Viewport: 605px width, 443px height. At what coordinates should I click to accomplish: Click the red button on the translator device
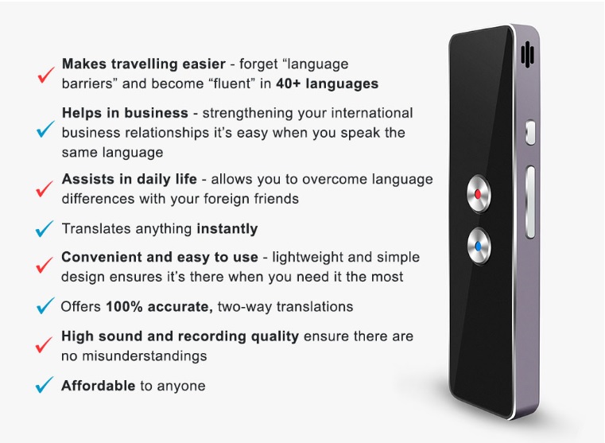click(x=479, y=194)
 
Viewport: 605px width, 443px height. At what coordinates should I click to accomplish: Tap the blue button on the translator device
click(x=479, y=247)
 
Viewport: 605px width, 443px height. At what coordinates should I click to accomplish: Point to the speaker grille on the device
click(x=527, y=53)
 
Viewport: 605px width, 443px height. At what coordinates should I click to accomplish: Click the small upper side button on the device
click(x=530, y=132)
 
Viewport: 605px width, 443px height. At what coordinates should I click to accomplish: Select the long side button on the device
click(x=530, y=202)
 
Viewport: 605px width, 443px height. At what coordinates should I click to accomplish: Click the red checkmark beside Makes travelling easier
click(x=46, y=75)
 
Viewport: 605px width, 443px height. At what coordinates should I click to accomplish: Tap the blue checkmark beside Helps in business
click(x=45, y=129)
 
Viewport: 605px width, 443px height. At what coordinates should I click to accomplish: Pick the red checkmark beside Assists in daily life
click(x=45, y=188)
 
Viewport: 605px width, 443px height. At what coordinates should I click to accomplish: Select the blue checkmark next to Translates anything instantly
click(x=45, y=228)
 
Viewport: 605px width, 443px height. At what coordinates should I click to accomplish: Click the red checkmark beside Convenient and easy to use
click(x=45, y=265)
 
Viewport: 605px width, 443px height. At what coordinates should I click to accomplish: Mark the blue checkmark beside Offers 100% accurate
click(x=45, y=305)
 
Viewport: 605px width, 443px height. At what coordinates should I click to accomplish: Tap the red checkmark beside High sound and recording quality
click(x=44, y=344)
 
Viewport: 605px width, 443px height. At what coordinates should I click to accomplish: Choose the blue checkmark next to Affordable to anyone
click(x=45, y=385)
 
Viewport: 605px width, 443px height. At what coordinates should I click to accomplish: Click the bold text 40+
click(x=288, y=84)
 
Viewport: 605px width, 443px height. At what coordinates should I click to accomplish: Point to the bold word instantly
click(x=227, y=229)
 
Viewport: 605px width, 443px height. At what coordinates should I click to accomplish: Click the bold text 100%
click(x=124, y=307)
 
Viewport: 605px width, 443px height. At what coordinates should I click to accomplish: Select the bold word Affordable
click(x=99, y=386)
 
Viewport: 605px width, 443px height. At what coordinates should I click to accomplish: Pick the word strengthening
click(x=245, y=114)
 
